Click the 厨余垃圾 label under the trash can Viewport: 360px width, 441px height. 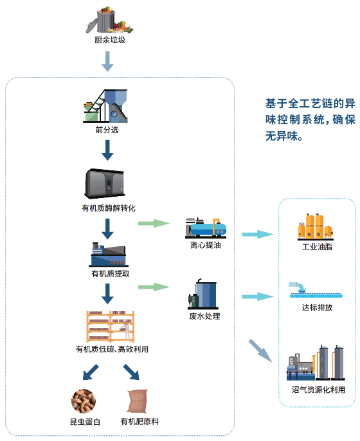click(x=110, y=40)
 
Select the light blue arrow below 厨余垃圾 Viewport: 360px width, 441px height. click(x=107, y=61)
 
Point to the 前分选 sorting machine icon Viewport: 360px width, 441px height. click(x=105, y=106)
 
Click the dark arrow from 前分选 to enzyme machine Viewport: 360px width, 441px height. click(x=107, y=150)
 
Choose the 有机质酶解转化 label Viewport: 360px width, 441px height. click(x=109, y=208)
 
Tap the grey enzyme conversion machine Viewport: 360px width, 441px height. click(x=105, y=183)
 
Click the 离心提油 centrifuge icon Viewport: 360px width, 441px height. click(x=206, y=228)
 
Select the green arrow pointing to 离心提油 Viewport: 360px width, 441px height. click(x=154, y=224)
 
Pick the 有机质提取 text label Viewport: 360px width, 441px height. click(x=111, y=274)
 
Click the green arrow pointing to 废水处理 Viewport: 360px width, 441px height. click(x=154, y=287)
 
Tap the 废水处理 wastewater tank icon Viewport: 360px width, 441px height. click(x=203, y=294)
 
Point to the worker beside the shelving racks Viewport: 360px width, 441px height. click(x=127, y=330)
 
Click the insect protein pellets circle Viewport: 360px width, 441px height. click(x=84, y=401)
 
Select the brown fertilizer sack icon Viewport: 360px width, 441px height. click(x=138, y=401)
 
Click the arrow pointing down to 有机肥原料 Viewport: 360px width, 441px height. click(x=132, y=372)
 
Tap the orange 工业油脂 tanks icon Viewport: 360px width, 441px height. click(x=316, y=227)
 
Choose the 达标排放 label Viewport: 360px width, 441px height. click(x=317, y=307)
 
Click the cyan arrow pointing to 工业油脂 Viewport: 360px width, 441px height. click(x=258, y=234)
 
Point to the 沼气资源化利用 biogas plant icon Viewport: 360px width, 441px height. click(x=316, y=363)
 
